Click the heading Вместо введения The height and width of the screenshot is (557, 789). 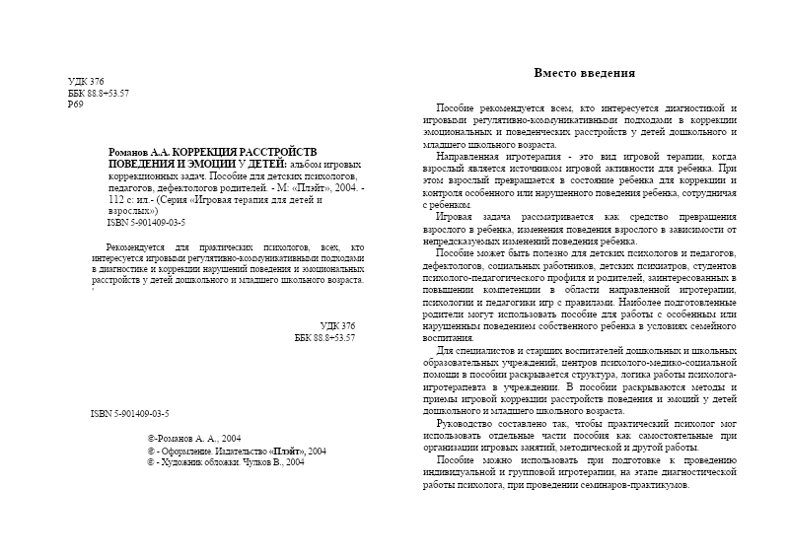point(584,73)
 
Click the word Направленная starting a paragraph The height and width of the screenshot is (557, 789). point(470,156)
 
